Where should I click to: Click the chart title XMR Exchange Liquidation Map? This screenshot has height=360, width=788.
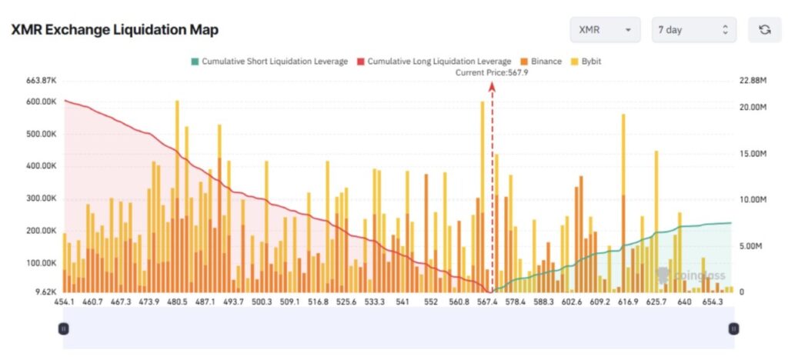click(x=115, y=30)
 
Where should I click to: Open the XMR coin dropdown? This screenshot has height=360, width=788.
click(x=605, y=30)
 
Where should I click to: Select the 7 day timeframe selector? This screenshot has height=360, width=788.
click(x=693, y=30)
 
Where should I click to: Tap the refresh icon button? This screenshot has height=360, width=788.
click(x=764, y=30)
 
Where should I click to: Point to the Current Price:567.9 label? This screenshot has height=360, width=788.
click(x=492, y=72)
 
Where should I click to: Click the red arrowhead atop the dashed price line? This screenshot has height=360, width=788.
click(x=492, y=86)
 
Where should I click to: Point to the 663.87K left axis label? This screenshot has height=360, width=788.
click(x=42, y=81)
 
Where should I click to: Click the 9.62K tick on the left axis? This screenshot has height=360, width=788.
click(x=45, y=293)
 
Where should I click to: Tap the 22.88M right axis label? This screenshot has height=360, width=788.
click(x=753, y=81)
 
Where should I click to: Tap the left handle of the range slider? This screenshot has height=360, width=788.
click(x=64, y=328)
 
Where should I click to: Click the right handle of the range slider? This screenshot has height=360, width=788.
click(x=733, y=328)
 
